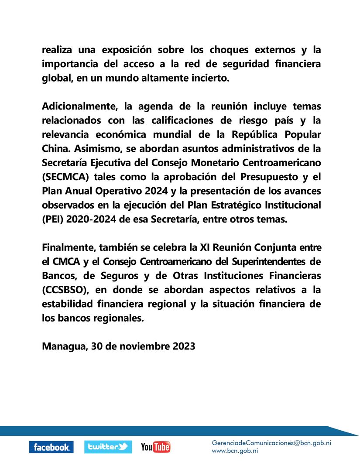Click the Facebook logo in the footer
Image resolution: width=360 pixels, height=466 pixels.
coord(51,447)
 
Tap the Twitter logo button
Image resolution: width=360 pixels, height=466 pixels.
coord(108,447)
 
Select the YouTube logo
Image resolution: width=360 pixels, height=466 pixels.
coord(155,447)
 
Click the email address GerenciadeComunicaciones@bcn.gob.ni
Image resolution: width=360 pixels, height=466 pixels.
coord(271,442)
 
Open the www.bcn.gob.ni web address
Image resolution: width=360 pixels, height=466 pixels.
coord(235,451)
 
